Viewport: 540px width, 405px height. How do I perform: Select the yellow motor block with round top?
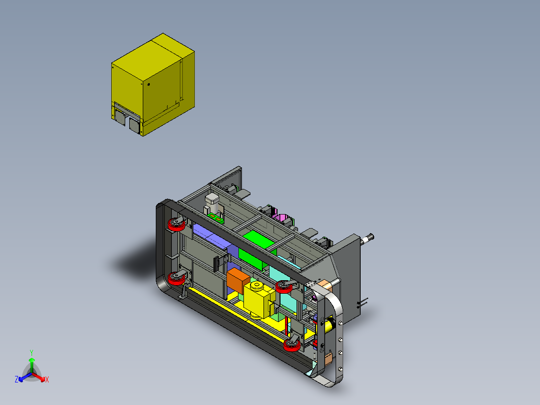pyautogui.click(x=259, y=299)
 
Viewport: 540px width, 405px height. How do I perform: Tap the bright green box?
pyautogui.click(x=257, y=250)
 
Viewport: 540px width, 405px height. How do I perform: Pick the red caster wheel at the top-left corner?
pyautogui.click(x=176, y=225)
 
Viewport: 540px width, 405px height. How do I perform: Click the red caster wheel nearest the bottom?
pyautogui.click(x=292, y=345)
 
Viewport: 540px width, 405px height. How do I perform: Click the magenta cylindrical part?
pyautogui.click(x=282, y=218)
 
